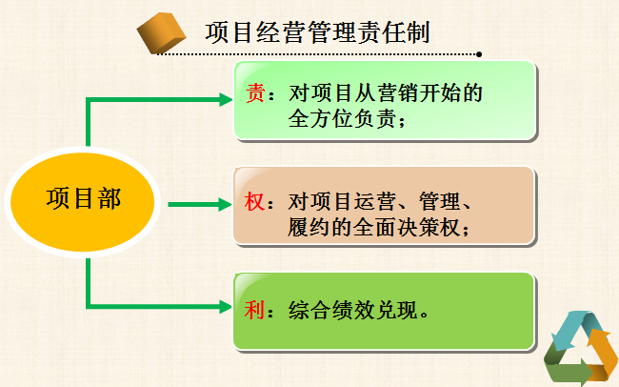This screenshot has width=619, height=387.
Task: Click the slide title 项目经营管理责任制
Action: (317, 32)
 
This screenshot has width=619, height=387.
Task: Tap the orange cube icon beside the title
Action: (161, 32)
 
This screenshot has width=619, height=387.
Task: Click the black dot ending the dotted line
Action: (479, 54)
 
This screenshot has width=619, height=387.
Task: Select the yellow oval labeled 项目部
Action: (82, 202)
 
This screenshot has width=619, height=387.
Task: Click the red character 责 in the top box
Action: (255, 93)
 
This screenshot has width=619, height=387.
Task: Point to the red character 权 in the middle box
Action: (254, 202)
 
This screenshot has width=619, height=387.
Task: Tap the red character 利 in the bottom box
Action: (254, 310)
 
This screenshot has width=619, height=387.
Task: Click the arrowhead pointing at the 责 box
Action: (226, 100)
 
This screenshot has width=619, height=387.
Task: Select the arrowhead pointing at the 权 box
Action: (225, 204)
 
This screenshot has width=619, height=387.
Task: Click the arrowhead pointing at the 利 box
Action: (226, 307)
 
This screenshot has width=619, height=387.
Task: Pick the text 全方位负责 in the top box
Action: (342, 118)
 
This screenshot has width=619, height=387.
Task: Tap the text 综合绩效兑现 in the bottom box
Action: (353, 310)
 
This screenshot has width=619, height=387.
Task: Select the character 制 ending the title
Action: (418, 32)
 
